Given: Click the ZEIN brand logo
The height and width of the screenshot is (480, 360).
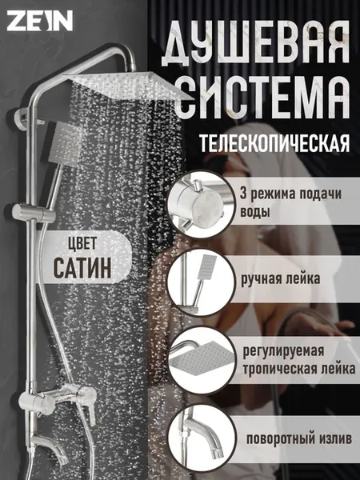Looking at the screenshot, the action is pyautogui.click(x=40, y=21).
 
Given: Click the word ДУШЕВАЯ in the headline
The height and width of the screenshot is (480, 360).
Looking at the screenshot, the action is pyautogui.click(x=256, y=43).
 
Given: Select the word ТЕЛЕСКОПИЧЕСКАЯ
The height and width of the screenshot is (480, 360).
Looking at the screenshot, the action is pyautogui.click(x=274, y=142).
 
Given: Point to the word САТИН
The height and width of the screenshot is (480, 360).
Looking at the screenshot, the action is pyautogui.click(x=82, y=268).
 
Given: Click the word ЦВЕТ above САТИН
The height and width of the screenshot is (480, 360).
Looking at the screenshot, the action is pyautogui.click(x=82, y=244).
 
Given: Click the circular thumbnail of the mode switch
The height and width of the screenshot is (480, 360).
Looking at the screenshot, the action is pyautogui.click(x=201, y=204).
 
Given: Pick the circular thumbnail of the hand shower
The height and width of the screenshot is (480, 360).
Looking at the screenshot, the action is pyautogui.click(x=201, y=283).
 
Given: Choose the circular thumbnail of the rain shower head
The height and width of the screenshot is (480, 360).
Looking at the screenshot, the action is pyautogui.click(x=202, y=360).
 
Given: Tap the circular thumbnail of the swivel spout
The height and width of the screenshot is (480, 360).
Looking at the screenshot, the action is pyautogui.click(x=202, y=438).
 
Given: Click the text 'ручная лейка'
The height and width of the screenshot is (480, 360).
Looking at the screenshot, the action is pyautogui.click(x=281, y=279).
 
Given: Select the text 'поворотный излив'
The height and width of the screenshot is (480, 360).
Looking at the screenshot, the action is pyautogui.click(x=299, y=439).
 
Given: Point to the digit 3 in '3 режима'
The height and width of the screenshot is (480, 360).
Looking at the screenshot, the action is pyautogui.click(x=243, y=194).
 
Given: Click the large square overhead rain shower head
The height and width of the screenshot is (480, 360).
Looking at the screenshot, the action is pyautogui.click(x=127, y=84).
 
